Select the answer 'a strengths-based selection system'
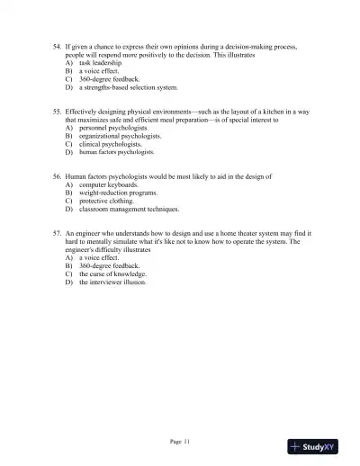click(x=129, y=88)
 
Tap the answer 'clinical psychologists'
click(x=111, y=144)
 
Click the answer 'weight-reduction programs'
click(x=118, y=193)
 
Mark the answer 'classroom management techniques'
click(x=129, y=209)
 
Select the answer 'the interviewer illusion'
click(x=112, y=282)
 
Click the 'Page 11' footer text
click(x=180, y=441)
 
